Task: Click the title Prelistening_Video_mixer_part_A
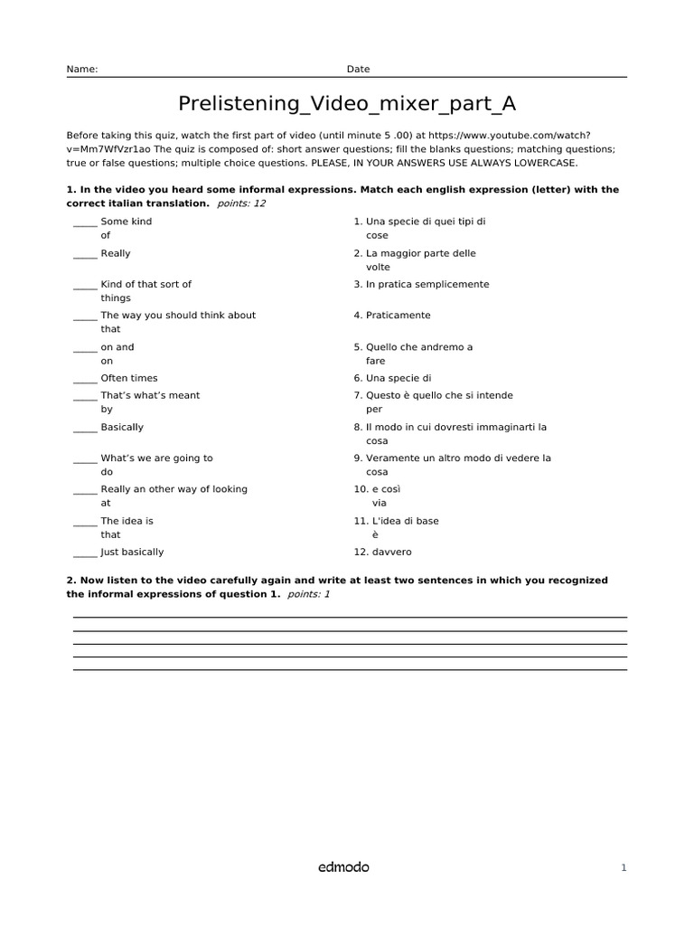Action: (x=347, y=103)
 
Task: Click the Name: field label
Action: (x=82, y=69)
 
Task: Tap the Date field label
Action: (x=358, y=69)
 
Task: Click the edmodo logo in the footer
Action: (x=343, y=867)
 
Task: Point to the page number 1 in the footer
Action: (x=624, y=868)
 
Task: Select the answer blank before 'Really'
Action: (x=85, y=255)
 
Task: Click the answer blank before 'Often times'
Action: (x=85, y=380)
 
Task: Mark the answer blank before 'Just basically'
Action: (x=85, y=553)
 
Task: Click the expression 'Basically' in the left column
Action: (x=122, y=427)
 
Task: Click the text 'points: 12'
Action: (x=242, y=203)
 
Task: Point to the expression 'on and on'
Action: (x=117, y=354)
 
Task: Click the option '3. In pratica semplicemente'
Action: (x=421, y=284)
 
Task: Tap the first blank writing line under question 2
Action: (x=350, y=617)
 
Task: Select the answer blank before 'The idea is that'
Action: (x=85, y=523)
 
